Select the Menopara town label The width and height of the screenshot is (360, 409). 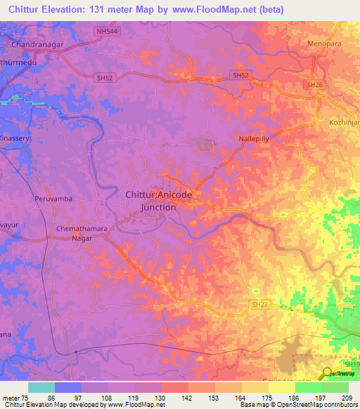323,44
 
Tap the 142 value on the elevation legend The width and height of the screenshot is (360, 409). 187,397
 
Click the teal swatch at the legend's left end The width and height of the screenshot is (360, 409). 41,387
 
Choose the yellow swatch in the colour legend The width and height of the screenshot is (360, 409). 281,387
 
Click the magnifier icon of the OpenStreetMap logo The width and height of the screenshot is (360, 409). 326,374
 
